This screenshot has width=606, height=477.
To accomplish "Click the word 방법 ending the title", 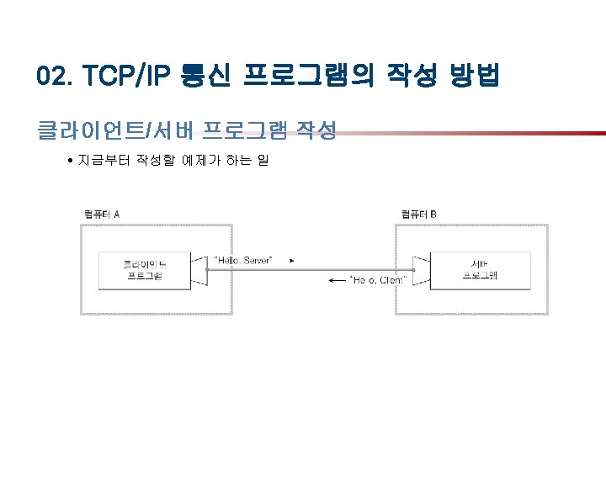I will pyautogui.click(x=473, y=77).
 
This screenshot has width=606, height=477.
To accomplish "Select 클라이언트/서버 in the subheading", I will pyautogui.click(x=93, y=130).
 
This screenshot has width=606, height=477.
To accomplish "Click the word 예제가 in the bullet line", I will pyautogui.click(x=200, y=159).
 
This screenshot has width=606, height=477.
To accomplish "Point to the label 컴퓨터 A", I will pyautogui.click(x=102, y=214).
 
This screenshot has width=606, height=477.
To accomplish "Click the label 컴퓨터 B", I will pyautogui.click(x=418, y=214).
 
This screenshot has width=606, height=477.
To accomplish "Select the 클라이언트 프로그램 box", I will pyautogui.click(x=144, y=269).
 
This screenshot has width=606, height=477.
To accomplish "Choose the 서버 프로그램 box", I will pyautogui.click(x=481, y=269).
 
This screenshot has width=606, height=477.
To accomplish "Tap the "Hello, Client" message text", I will pyautogui.click(x=378, y=280).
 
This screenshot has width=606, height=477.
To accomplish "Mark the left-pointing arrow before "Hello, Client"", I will pyautogui.click(x=336, y=280).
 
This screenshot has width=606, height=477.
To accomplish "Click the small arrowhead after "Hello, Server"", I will pyautogui.click(x=291, y=261).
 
